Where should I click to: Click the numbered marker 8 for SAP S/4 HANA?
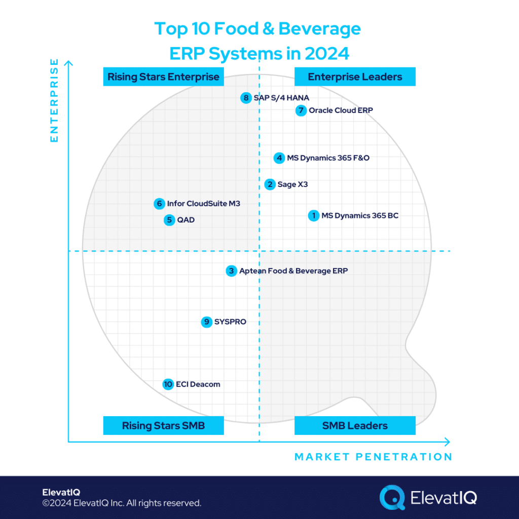click(x=246, y=98)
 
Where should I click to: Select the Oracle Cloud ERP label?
click(x=341, y=110)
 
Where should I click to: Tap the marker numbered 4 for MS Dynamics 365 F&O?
click(x=279, y=158)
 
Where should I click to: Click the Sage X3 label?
click(x=292, y=184)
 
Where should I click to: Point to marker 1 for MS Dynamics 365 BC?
click(x=314, y=216)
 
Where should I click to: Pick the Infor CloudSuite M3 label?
click(x=203, y=204)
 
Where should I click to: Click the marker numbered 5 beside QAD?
click(x=169, y=220)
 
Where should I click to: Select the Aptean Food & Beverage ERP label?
click(x=293, y=271)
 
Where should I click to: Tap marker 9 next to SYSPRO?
click(x=206, y=322)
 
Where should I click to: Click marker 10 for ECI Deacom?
click(x=168, y=384)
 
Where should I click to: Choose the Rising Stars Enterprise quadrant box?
click(x=163, y=77)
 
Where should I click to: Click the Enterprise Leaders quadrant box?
click(x=355, y=77)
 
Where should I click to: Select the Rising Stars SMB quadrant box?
click(x=163, y=426)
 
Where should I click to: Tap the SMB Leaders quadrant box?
click(x=355, y=426)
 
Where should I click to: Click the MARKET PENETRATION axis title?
click(x=373, y=457)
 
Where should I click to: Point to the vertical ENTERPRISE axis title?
click(x=54, y=100)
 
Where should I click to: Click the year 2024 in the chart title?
click(x=324, y=53)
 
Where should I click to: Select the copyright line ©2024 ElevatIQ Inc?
click(x=122, y=503)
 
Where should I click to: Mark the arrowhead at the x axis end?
click(x=447, y=441)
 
